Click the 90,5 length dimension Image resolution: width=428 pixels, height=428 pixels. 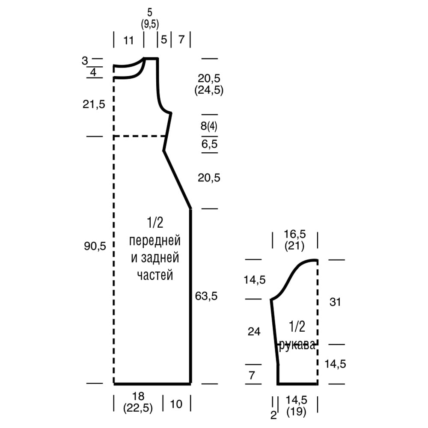95,246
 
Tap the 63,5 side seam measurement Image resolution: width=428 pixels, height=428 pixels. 206,296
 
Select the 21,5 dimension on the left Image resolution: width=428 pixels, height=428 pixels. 94,104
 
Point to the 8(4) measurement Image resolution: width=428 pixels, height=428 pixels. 209,126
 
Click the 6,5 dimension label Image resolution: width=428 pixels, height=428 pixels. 209,144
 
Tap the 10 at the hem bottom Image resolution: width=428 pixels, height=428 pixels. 176,404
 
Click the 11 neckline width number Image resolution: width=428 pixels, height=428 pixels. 128,41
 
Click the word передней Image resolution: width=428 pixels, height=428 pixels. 155,241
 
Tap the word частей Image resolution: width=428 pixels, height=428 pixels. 155,275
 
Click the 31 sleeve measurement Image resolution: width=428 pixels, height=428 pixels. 335,302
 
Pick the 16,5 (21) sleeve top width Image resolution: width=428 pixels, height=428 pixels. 294,240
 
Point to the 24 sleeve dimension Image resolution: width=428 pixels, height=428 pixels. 254,332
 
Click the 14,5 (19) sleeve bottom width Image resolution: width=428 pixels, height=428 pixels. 297,406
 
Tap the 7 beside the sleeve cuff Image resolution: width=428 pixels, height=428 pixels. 252,376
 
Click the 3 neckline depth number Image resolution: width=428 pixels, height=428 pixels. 85,61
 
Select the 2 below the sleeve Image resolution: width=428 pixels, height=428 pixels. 273,415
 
